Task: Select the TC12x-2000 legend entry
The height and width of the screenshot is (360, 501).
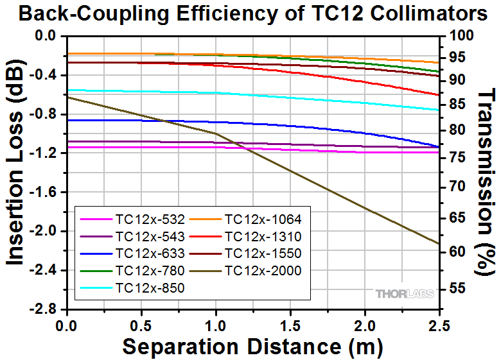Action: coord(263,271)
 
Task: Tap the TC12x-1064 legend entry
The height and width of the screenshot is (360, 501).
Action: coord(263,219)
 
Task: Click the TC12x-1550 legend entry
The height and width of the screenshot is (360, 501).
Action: coord(263,253)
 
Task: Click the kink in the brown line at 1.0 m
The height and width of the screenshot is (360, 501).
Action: coord(215,133)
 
